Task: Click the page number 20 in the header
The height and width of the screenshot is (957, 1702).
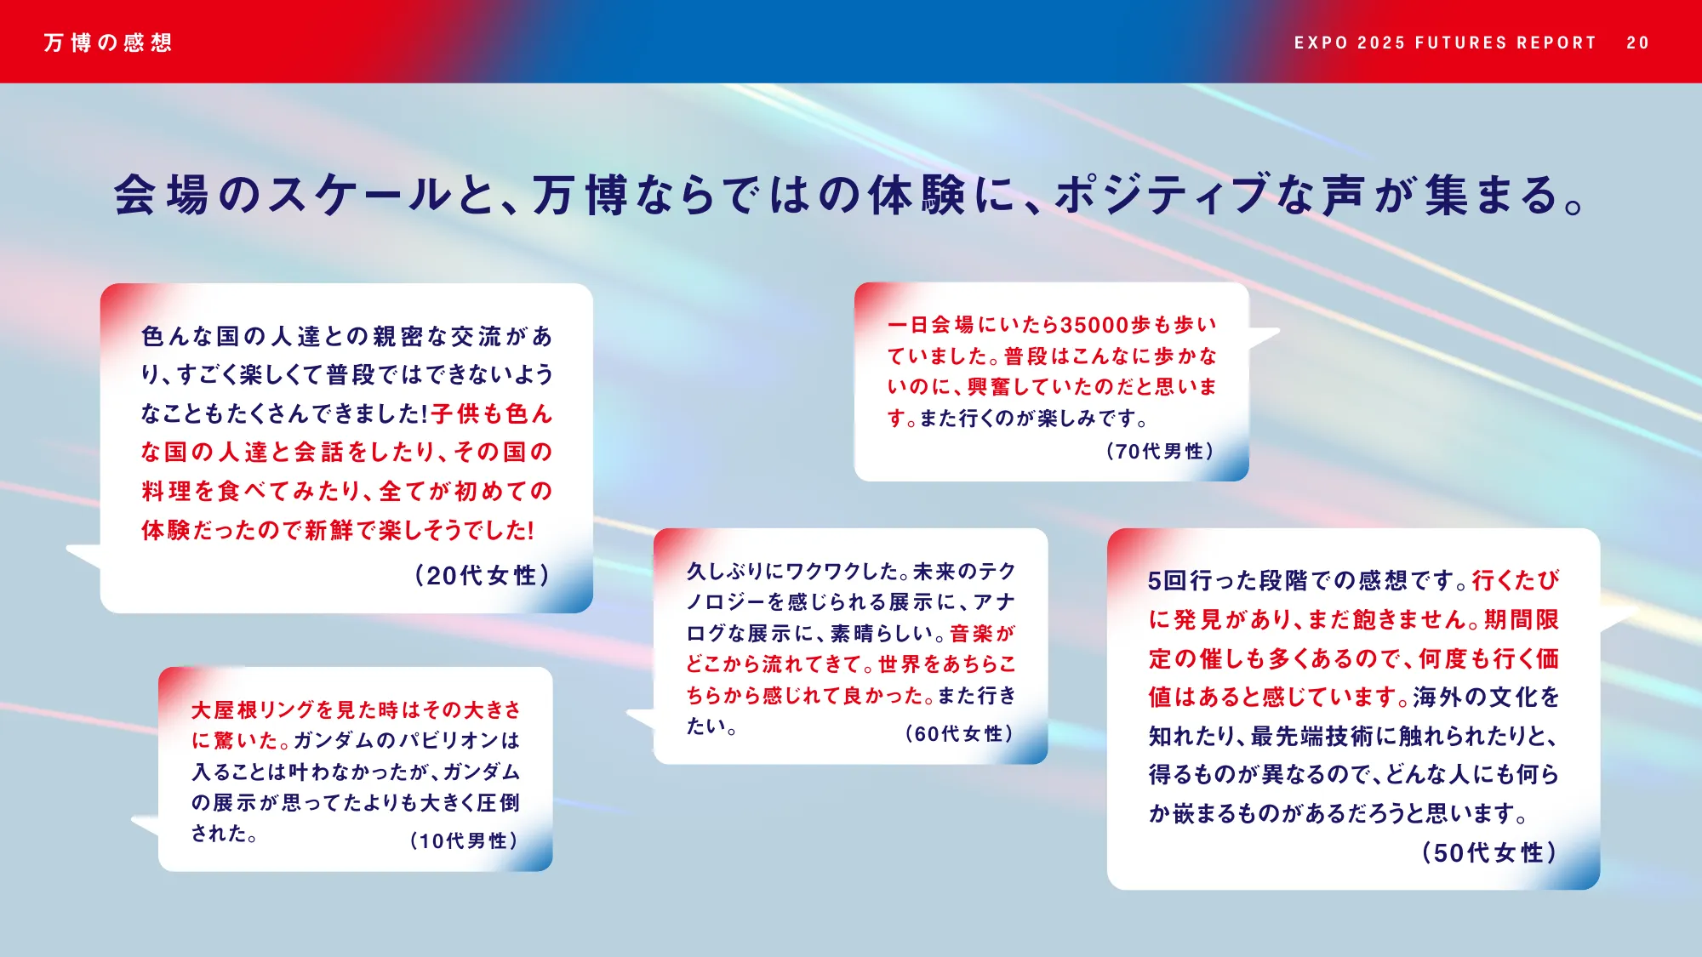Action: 1637,43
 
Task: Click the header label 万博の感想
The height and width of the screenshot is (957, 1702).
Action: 108,43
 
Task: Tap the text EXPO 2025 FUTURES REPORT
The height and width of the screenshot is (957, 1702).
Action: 1445,43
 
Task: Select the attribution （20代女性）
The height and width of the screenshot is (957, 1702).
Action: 483,576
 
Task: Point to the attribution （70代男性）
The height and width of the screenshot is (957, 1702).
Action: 1160,451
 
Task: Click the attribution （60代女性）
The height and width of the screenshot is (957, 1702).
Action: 959,733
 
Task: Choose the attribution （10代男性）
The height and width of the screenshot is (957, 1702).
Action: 464,840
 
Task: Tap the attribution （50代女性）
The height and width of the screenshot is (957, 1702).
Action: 1489,852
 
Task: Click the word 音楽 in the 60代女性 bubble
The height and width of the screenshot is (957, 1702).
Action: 971,633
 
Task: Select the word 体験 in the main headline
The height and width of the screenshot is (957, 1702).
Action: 917,195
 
